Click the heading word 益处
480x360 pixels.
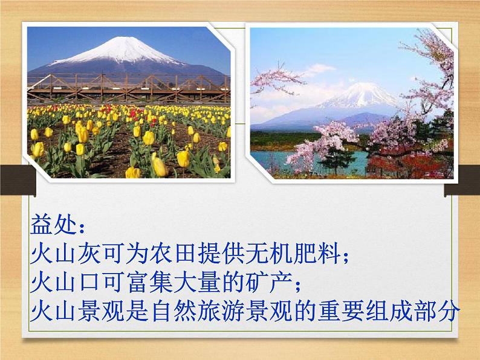tap(53, 225)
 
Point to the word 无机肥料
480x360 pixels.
tap(293, 253)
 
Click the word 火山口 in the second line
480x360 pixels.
tap(64, 282)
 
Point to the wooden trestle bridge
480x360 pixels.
tap(129, 88)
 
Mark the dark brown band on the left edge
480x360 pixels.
tap(18, 180)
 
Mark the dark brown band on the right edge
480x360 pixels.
tap(462, 180)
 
